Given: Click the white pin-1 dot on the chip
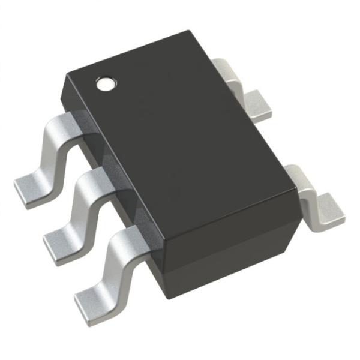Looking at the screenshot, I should click(106, 83).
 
